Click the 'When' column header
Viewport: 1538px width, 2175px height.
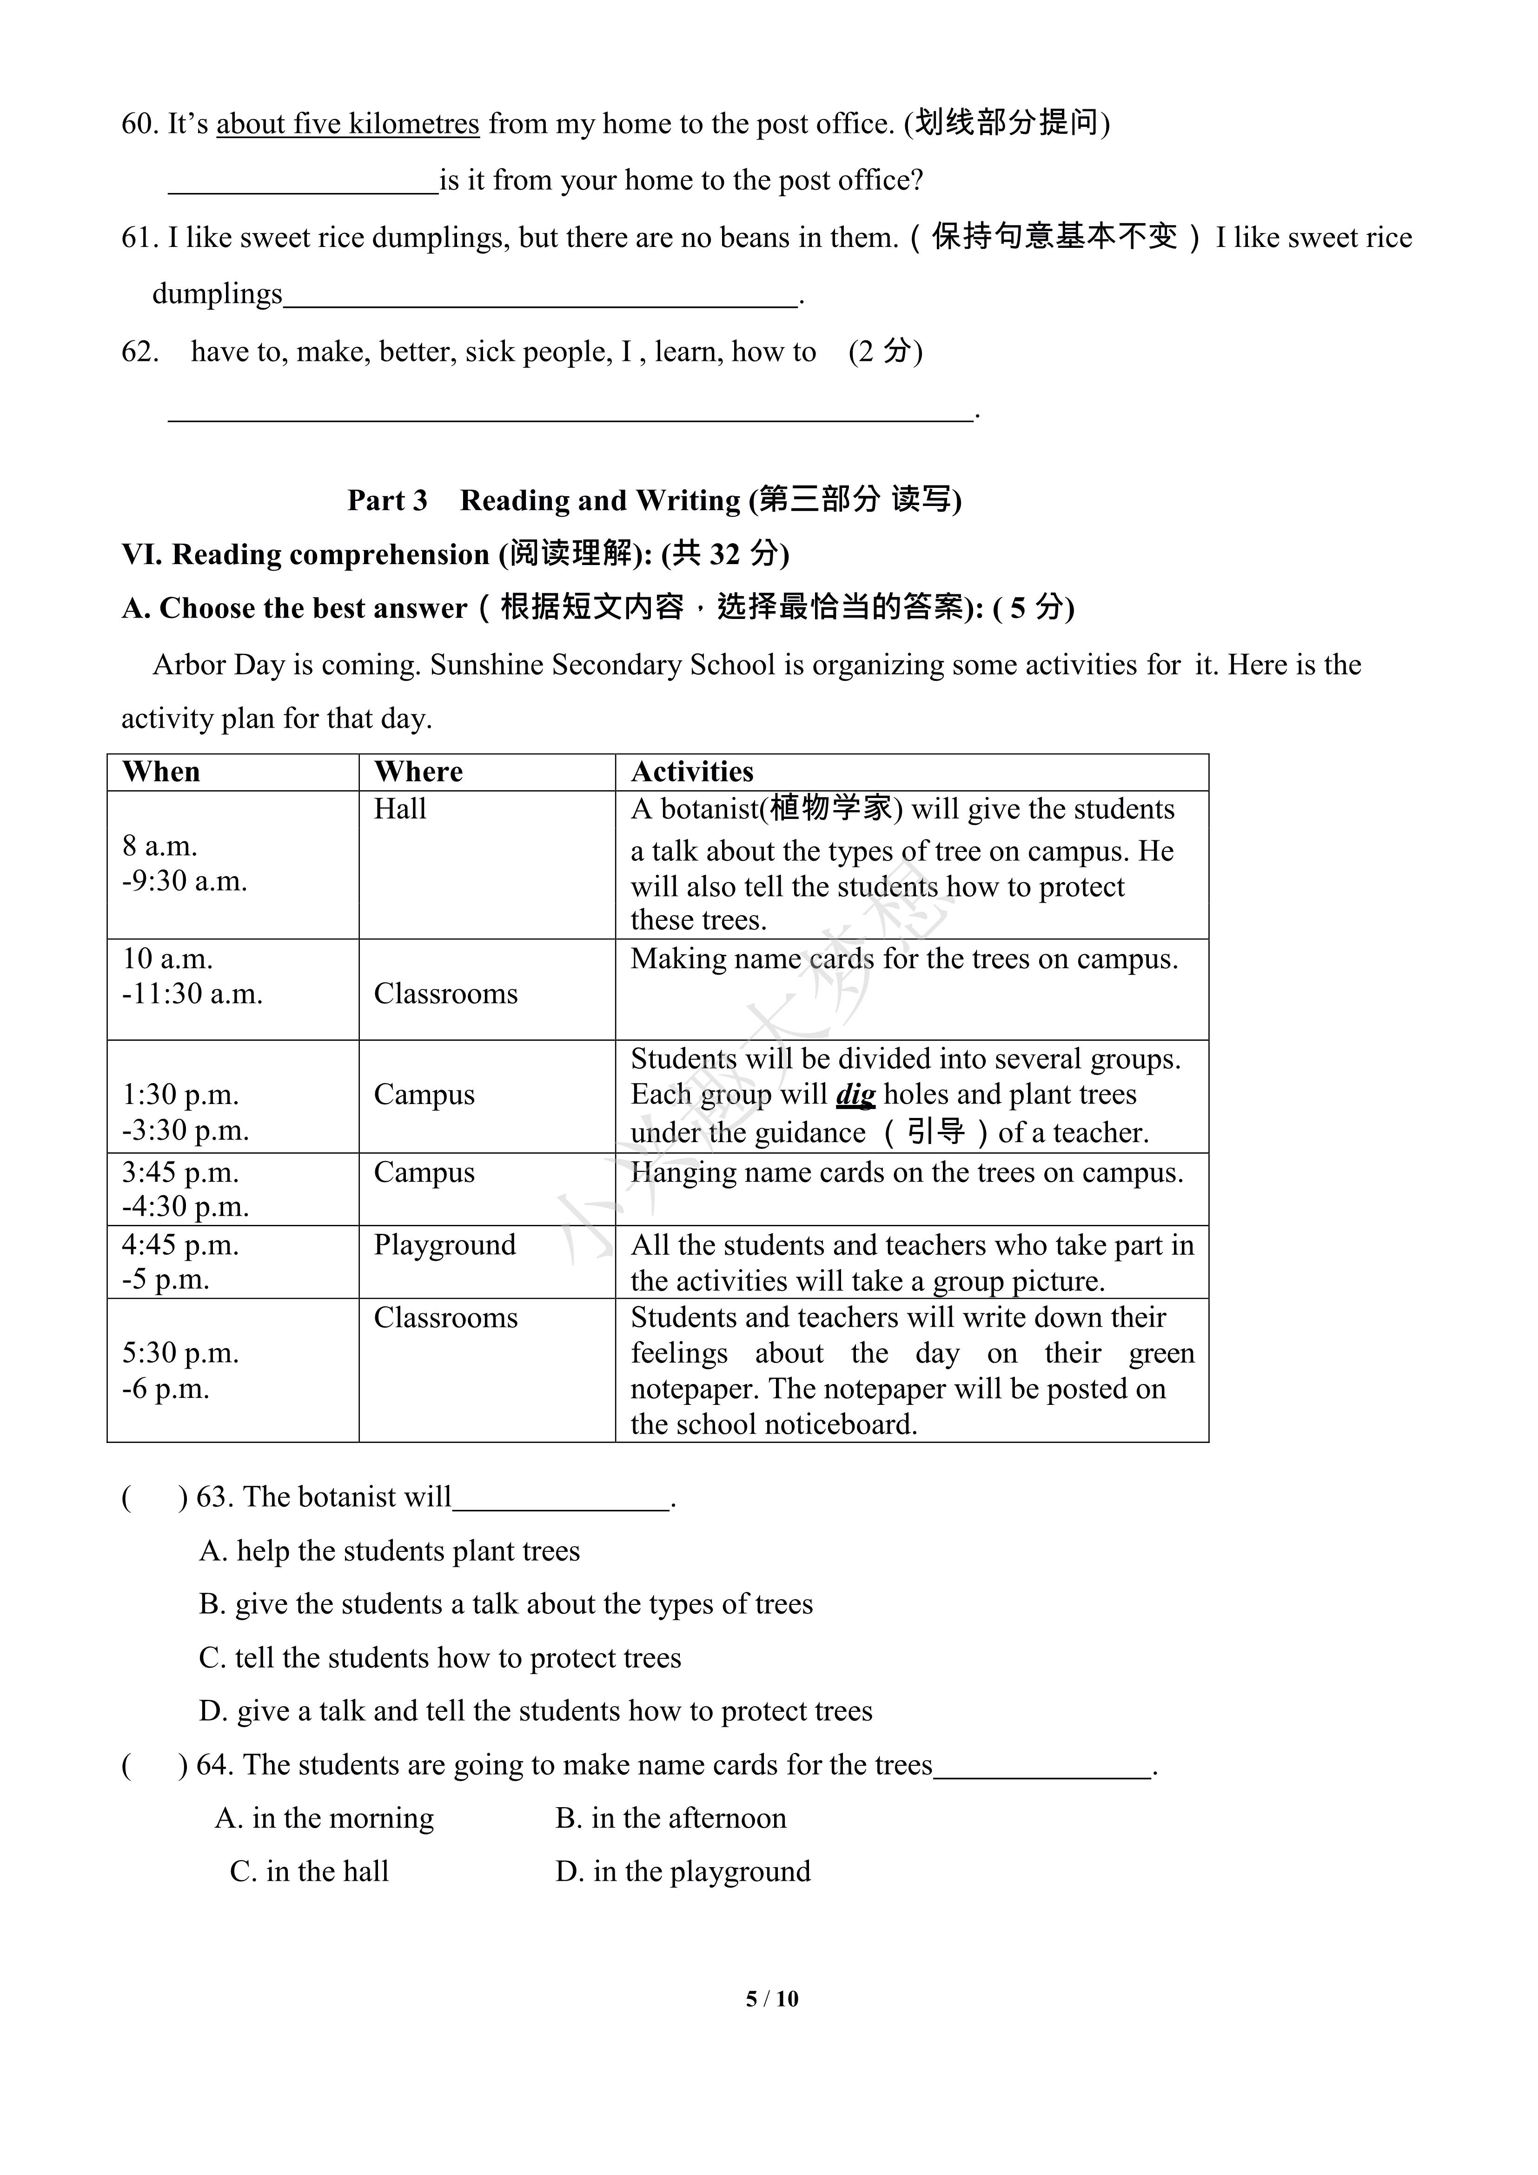coord(161,772)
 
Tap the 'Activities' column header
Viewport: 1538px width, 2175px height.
coord(692,772)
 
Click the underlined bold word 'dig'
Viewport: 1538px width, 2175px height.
coord(855,1095)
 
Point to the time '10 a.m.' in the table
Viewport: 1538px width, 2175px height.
coord(168,958)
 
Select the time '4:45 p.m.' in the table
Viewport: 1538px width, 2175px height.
coord(180,1245)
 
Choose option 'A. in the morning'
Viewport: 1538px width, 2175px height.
coord(324,1818)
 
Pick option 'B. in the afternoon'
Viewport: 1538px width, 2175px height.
coord(670,1818)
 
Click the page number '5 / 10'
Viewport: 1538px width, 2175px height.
coord(772,1999)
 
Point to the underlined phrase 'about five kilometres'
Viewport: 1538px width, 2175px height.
coord(348,124)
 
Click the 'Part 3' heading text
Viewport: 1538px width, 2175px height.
coord(387,500)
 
